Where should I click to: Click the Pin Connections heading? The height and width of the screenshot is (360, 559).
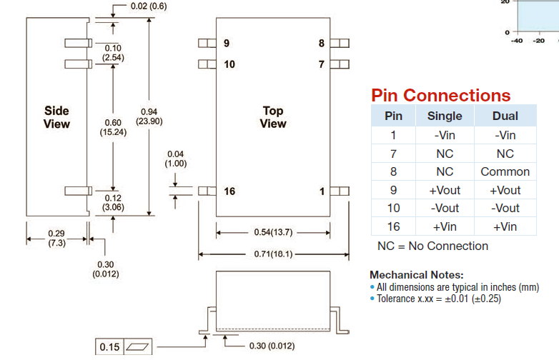440,95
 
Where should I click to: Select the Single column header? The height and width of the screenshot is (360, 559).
445,116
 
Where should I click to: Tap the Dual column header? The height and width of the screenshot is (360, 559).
505,116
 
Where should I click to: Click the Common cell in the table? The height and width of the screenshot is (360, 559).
505,171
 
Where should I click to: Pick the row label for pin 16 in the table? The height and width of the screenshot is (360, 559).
393,226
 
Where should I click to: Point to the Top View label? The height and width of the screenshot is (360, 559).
272,117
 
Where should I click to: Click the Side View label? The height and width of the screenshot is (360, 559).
56,117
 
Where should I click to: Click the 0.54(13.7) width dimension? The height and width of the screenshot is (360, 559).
273,232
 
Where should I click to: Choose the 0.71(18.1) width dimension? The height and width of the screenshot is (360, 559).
273,254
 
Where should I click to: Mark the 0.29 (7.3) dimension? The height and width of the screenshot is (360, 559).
57,239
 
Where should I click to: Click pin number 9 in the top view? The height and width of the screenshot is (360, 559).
227,44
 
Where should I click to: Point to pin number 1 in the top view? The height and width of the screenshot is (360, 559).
322,191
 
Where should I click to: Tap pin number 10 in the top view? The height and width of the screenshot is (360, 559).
229,64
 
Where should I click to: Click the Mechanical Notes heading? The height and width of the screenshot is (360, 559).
416,275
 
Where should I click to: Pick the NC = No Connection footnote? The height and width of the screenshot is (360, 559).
432,246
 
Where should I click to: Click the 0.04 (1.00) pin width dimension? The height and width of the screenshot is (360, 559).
175,159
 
